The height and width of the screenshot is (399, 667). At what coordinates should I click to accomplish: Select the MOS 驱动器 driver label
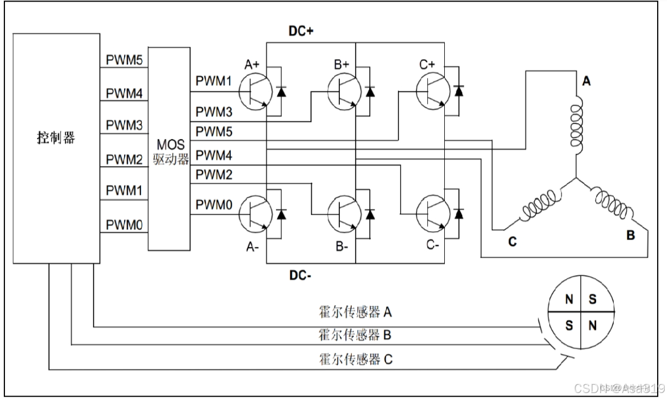coord(171,153)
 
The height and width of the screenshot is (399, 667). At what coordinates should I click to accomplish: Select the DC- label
coord(301,276)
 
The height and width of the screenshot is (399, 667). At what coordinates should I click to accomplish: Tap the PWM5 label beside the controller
coord(124,60)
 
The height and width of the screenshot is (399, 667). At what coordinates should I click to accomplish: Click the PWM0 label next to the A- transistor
coord(214,205)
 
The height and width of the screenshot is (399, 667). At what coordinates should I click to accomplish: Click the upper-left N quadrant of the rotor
coord(568,299)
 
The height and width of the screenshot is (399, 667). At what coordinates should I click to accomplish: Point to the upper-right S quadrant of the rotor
coord(593,299)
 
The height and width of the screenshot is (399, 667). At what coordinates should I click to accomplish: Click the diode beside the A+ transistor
coord(282,91)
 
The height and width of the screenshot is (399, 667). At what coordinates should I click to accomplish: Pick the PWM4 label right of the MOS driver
coord(214,156)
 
